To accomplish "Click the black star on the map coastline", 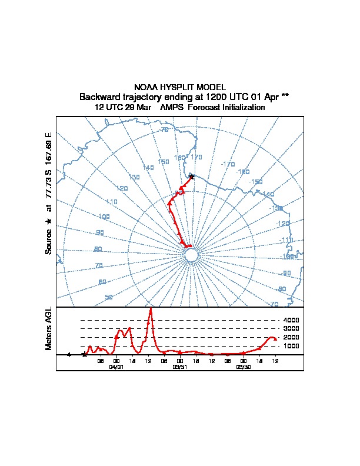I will [192, 176].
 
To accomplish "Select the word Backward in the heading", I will [102, 97].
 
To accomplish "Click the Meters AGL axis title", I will [49, 328].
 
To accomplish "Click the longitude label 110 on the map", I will [112, 202].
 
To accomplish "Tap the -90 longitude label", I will [286, 274].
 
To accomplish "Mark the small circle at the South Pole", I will [191, 255].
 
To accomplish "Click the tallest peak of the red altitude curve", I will [151, 309].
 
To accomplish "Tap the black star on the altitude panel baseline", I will [84, 355].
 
